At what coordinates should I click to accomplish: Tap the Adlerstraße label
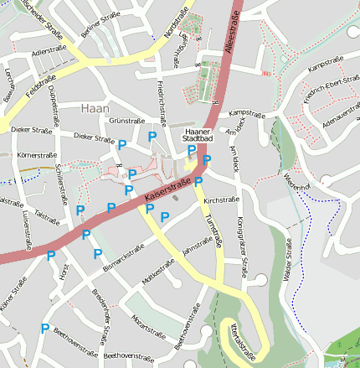tap(48, 51)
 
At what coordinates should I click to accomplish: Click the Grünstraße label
tap(127, 121)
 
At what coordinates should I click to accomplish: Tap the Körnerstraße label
tap(35, 156)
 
